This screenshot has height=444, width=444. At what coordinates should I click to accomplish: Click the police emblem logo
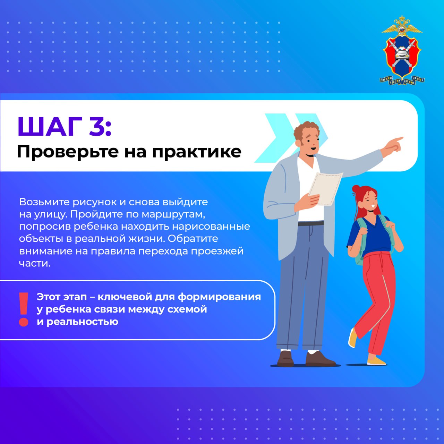click(x=402, y=51)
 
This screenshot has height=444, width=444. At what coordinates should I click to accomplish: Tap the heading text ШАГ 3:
click(x=65, y=126)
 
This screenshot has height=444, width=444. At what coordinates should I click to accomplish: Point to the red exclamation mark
click(x=24, y=309)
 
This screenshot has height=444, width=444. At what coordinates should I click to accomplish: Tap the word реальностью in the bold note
click(x=82, y=322)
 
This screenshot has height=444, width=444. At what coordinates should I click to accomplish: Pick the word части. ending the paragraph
click(x=35, y=263)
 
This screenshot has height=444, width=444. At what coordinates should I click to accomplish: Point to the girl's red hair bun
click(x=356, y=189)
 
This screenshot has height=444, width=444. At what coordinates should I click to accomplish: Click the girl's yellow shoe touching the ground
click(x=376, y=361)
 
